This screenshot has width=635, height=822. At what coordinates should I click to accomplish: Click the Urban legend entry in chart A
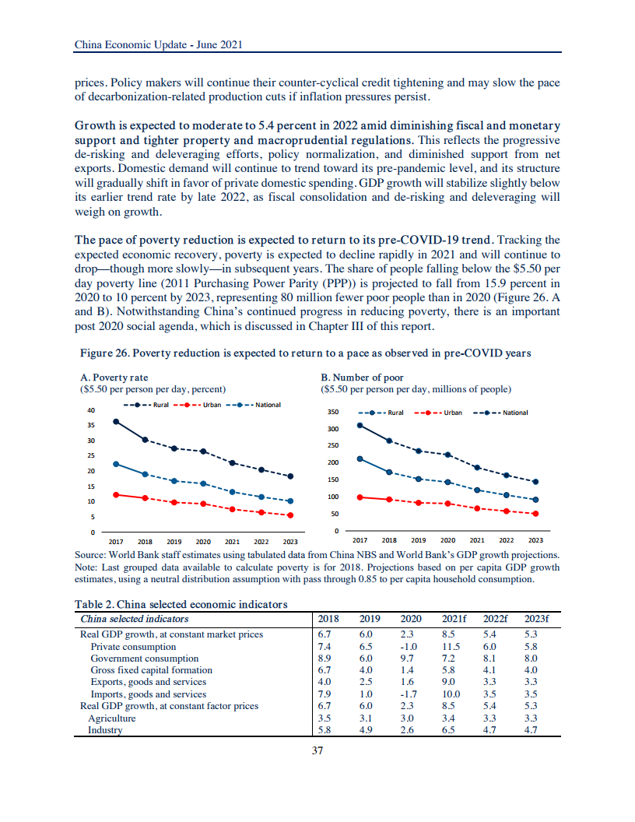200,405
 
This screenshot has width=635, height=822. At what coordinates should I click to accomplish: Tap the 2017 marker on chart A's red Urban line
116,494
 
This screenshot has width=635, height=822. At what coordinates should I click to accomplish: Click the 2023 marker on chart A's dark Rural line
290,476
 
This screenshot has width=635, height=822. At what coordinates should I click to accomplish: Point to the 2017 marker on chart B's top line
360,425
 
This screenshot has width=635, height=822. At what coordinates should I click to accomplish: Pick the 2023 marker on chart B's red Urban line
535,514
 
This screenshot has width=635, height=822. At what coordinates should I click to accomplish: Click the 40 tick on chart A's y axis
91,410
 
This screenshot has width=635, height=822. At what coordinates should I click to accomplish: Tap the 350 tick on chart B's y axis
332,413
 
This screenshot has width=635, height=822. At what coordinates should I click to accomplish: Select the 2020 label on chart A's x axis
203,541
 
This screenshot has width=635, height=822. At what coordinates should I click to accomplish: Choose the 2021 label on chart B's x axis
477,539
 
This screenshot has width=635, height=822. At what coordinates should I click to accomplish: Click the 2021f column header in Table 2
453,619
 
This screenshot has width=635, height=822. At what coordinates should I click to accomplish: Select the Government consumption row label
144,659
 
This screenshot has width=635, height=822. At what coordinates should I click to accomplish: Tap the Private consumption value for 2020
409,647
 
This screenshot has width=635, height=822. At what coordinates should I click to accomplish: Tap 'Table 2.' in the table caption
95,605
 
